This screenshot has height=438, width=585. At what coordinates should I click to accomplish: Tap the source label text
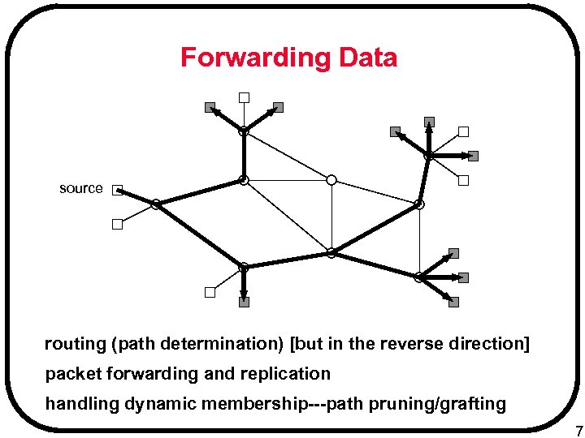tap(81, 188)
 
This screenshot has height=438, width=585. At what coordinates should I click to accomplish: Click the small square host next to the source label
tap(117, 190)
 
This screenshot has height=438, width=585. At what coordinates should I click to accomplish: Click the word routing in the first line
tap(75, 344)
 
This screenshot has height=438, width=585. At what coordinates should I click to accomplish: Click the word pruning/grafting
tap(437, 404)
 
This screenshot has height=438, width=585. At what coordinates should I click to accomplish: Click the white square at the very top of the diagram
tap(243, 98)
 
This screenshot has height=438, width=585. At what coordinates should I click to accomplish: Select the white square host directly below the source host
tap(117, 225)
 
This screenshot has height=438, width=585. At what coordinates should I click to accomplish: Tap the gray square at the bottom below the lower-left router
tap(244, 302)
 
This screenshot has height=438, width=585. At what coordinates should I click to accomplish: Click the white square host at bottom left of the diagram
tap(209, 293)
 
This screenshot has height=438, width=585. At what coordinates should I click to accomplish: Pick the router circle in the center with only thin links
tap(331, 180)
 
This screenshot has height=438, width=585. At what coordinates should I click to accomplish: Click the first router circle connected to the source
tap(154, 204)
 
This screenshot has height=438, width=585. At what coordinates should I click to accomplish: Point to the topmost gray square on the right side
tap(429, 122)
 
